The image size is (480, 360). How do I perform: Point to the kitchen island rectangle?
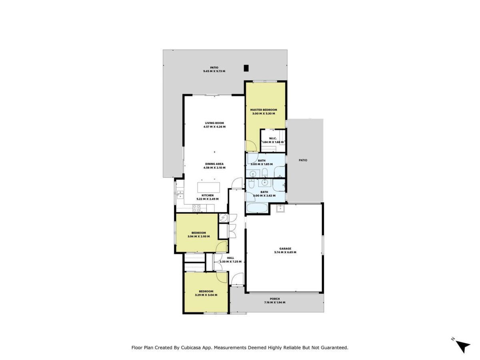[x=208, y=187]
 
